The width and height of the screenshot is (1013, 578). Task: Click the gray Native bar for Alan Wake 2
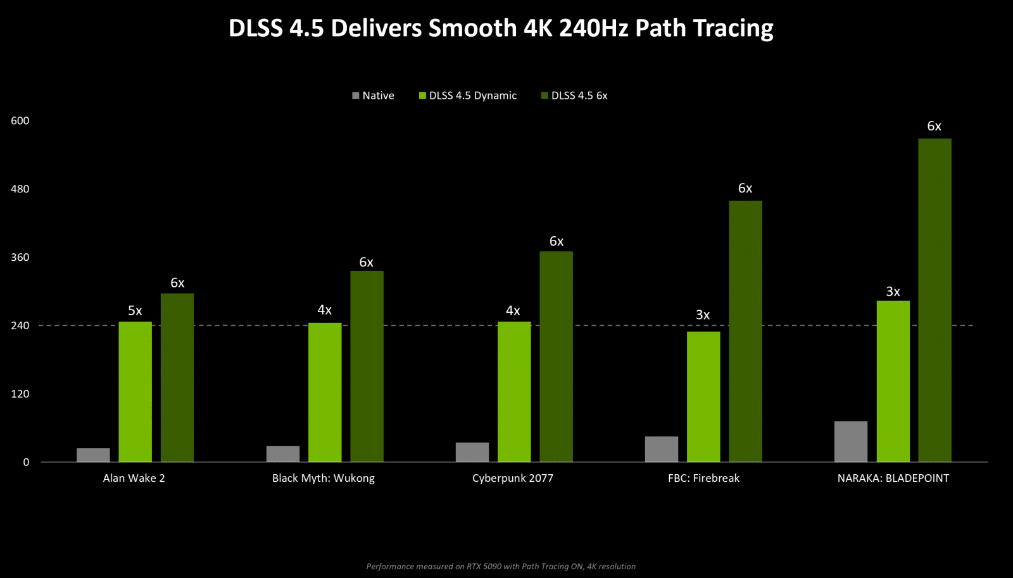[x=93, y=455]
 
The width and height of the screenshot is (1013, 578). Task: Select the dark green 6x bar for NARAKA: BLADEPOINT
[x=934, y=300]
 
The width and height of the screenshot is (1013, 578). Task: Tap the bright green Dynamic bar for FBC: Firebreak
[x=703, y=396]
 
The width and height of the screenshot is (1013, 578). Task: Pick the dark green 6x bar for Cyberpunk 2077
[x=556, y=356]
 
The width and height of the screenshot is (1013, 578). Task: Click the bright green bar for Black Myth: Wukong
[x=325, y=392]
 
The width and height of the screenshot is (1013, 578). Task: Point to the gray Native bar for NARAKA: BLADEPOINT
[x=850, y=441]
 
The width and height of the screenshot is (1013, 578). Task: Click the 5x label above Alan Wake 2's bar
[x=135, y=311]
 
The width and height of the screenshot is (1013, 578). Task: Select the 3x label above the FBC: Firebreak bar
[x=703, y=315]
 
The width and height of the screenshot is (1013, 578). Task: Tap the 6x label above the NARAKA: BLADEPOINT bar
[x=934, y=126]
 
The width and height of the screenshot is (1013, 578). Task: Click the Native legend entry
[x=373, y=96]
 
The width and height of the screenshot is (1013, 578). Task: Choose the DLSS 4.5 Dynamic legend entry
[x=468, y=96]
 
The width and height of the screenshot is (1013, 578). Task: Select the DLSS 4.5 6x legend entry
[x=574, y=96]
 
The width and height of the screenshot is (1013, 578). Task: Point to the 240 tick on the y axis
[x=20, y=325]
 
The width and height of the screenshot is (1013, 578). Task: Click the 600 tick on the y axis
[x=20, y=121]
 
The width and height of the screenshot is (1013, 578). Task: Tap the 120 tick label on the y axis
[x=20, y=394]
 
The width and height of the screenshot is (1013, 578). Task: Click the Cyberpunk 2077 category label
[x=513, y=478]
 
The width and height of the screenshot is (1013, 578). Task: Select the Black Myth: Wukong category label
[x=324, y=478]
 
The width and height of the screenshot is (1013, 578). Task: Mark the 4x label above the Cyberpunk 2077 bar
[x=513, y=311]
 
